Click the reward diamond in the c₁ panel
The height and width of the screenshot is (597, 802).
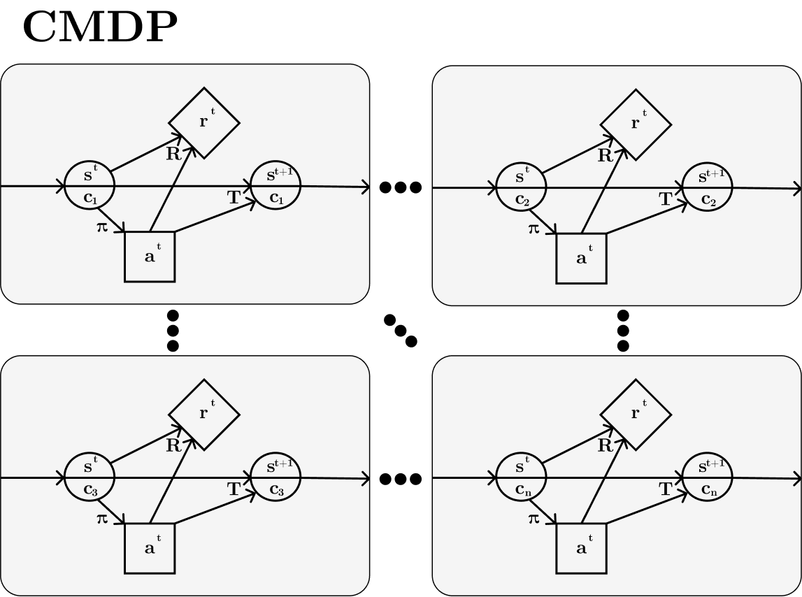(204, 123)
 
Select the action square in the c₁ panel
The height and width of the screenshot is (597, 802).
(150, 257)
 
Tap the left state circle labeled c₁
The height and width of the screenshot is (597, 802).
(89, 186)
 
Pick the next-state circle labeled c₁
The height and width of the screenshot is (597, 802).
(275, 186)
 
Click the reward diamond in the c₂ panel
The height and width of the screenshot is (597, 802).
(636, 124)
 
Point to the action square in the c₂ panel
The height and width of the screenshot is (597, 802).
(581, 258)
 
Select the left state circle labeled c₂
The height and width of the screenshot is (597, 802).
(521, 187)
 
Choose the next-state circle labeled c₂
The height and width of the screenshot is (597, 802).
(707, 187)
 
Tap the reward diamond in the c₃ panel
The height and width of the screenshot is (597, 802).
(204, 415)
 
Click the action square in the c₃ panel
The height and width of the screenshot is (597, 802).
(150, 548)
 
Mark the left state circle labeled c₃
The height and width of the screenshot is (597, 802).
(89, 477)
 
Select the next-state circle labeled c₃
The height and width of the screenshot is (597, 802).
(275, 477)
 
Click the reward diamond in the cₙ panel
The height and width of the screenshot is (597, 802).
(636, 415)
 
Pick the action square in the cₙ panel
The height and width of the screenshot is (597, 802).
(581, 548)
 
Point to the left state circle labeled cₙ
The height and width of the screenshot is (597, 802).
(521, 477)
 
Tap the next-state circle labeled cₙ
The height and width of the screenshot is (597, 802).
(707, 477)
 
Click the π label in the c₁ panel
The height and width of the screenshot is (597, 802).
(103, 227)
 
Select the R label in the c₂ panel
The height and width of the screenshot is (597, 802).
(605, 156)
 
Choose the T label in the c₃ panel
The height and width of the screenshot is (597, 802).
(234, 490)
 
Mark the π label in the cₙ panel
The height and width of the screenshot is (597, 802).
(534, 519)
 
